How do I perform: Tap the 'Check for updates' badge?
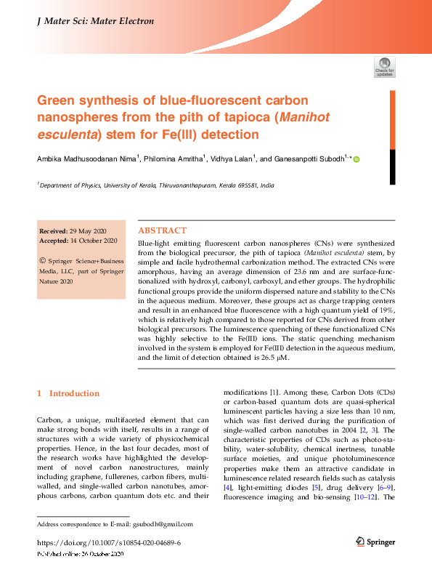[385, 67]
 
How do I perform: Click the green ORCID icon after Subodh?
[356, 159]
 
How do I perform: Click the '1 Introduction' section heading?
[68, 393]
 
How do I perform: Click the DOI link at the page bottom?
[108, 543]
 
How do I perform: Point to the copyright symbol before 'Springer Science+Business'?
[43, 259]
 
